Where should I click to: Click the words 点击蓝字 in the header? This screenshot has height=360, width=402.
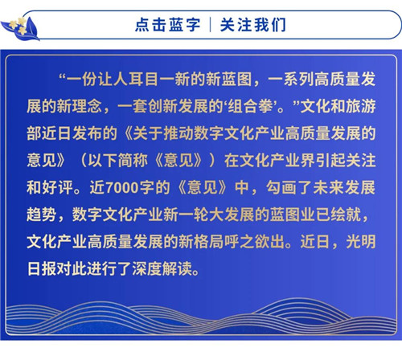click(x=168, y=25)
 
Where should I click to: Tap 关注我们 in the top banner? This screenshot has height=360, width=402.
click(x=253, y=25)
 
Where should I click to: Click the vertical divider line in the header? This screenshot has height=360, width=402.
click(x=211, y=25)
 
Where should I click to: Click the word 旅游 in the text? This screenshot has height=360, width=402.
click(x=360, y=107)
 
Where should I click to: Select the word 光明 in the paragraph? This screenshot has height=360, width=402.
click(x=360, y=242)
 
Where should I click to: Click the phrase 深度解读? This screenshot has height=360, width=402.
click(x=162, y=269)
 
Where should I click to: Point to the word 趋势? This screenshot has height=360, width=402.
click(x=42, y=215)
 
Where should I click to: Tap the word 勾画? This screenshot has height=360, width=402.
click(x=281, y=187)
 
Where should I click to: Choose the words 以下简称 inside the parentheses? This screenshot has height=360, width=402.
click(x=117, y=161)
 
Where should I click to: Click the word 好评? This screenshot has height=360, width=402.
click(x=57, y=187)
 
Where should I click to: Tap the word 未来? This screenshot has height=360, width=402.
click(x=328, y=187)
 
